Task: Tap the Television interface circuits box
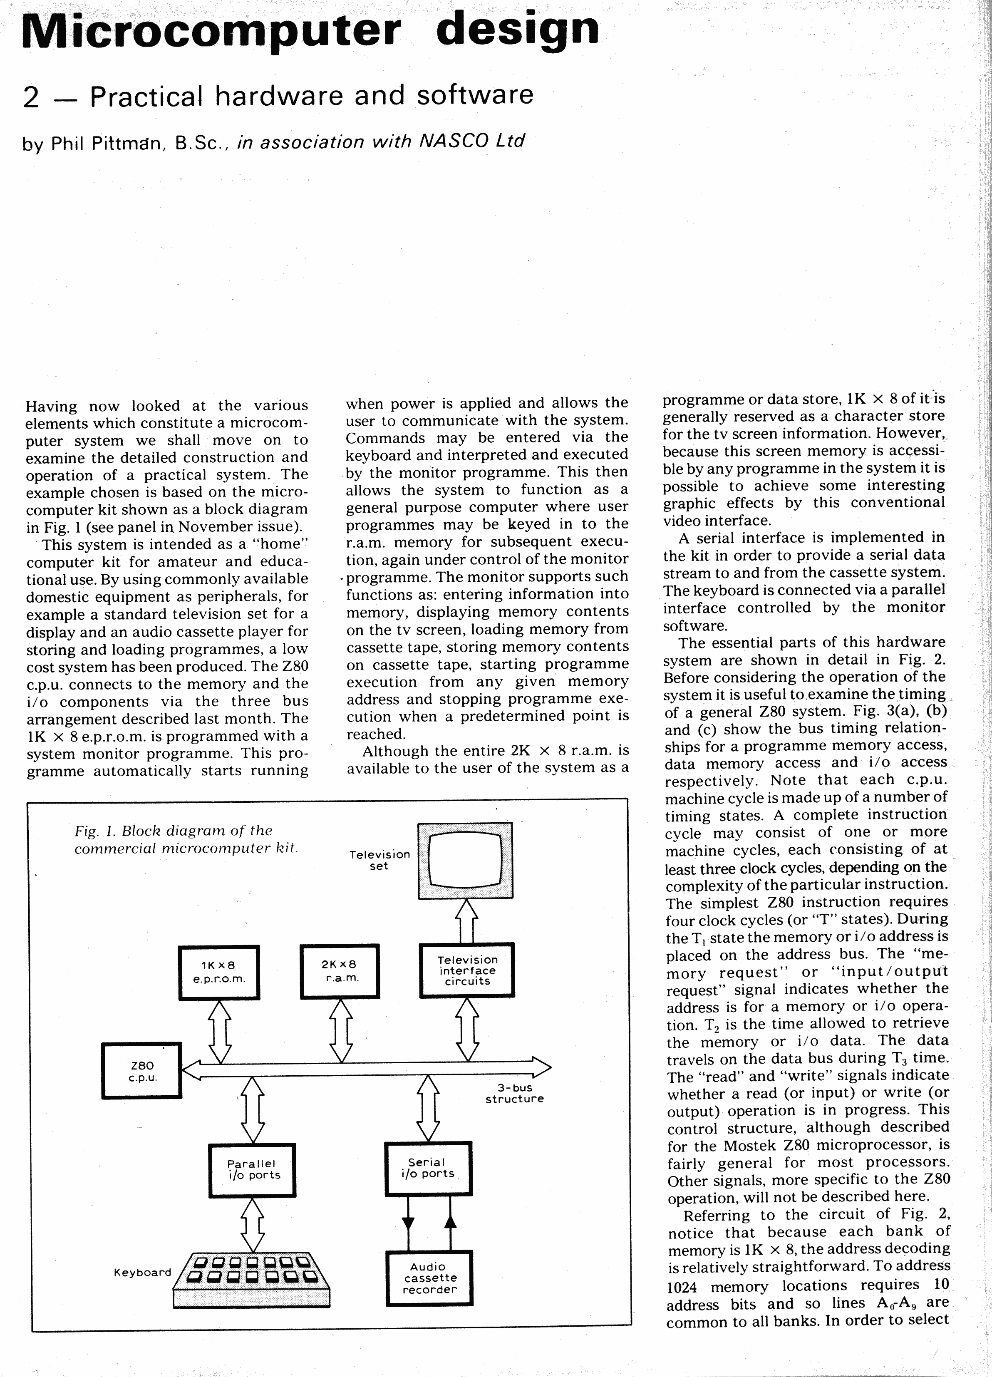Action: point(467,970)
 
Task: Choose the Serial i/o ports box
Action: point(428,1168)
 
